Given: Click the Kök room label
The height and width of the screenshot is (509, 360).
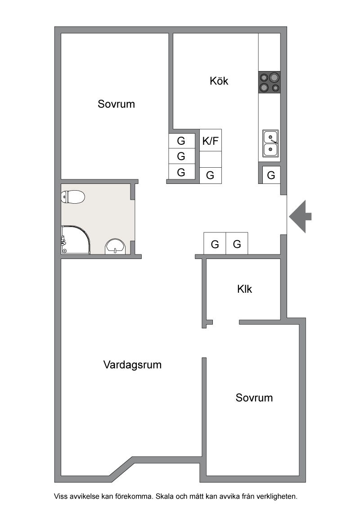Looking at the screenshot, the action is click(x=219, y=81).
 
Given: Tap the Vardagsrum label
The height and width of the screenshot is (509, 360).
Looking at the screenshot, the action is click(x=132, y=365).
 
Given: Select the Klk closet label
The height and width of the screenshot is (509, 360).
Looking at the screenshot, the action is click(x=244, y=289).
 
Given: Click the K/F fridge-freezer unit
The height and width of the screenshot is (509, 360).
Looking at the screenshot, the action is click(x=210, y=140).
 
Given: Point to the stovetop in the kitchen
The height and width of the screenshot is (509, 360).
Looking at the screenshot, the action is click(x=270, y=82).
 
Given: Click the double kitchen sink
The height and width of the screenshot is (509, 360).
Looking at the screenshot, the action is click(x=270, y=143).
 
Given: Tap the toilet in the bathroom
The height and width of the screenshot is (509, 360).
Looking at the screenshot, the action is click(x=73, y=196).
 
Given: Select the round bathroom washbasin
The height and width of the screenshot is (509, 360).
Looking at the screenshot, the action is click(x=115, y=247).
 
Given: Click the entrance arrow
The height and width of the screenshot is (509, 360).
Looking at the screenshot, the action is click(x=300, y=217).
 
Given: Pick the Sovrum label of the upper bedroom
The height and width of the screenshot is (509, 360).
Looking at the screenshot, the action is click(x=116, y=104).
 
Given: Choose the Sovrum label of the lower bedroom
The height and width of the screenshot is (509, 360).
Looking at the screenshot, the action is click(x=254, y=397).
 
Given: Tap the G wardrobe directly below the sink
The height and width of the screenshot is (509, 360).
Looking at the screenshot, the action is click(x=271, y=175).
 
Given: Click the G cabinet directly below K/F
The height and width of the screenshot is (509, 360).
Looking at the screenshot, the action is click(x=210, y=176).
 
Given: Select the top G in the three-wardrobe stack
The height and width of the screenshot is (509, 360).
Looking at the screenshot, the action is click(x=181, y=141).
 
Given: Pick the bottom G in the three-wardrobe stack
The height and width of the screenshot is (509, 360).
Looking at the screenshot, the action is click(x=181, y=172).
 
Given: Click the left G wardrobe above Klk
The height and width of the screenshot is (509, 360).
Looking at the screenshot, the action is click(x=215, y=243).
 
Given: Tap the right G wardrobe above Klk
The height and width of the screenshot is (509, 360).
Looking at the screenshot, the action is click(x=237, y=243).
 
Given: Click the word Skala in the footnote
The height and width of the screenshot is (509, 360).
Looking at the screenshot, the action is click(x=165, y=496).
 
